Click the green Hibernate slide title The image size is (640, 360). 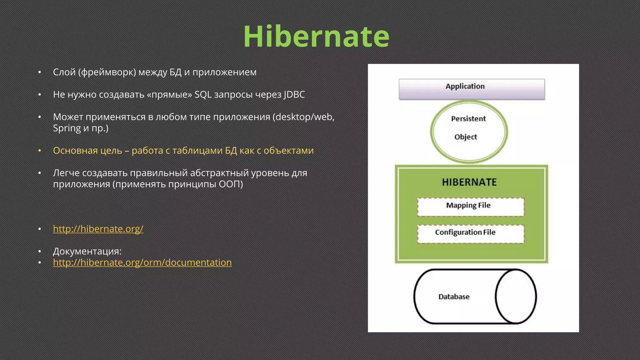[x=316, y=37]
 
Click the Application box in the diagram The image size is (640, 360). [x=472, y=89]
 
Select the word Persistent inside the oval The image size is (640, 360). [x=468, y=119]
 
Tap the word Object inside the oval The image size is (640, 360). [x=465, y=137]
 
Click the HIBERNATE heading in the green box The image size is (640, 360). [x=469, y=182]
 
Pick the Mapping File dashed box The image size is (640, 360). [x=470, y=207]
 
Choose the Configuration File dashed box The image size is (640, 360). [x=470, y=233]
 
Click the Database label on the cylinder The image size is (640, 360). [x=454, y=297]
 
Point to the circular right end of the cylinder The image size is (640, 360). [x=516, y=296]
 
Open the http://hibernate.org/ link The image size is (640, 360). [x=98, y=229]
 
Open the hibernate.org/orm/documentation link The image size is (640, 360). [x=142, y=262]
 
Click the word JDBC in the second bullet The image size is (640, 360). [x=294, y=94]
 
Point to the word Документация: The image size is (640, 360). [x=87, y=251]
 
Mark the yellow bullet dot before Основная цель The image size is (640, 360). [x=40, y=151]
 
